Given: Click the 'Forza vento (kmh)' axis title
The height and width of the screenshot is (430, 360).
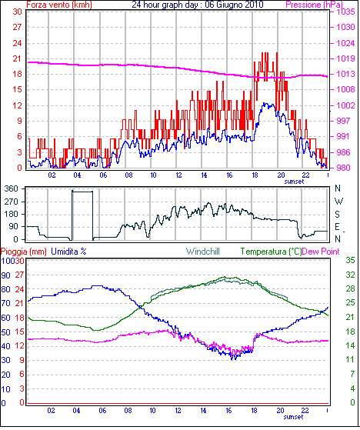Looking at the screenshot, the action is pyautogui.click(x=59, y=5).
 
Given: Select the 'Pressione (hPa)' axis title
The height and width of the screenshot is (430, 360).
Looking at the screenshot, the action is pyautogui.click(x=314, y=5).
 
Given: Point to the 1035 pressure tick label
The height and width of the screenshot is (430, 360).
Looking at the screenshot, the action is pyautogui.click(x=345, y=12).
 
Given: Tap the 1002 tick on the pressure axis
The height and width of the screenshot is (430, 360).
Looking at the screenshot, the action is pyautogui.click(x=345, y=105).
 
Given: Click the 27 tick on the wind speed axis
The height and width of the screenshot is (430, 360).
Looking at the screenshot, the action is pyautogui.click(x=17, y=27).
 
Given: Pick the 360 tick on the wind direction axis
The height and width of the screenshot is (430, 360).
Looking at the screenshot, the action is pyautogui.click(x=12, y=188).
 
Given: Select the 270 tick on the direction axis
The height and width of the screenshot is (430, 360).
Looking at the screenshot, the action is pyautogui.click(x=12, y=202).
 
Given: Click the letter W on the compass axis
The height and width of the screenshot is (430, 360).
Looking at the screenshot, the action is pyautogui.click(x=338, y=202).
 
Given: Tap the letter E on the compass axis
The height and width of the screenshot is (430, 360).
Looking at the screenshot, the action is pyautogui.click(x=337, y=227).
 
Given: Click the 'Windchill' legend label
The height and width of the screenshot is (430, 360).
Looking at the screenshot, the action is pyautogui.click(x=203, y=252).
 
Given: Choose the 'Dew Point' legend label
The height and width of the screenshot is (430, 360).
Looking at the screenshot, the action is pyautogui.click(x=321, y=252).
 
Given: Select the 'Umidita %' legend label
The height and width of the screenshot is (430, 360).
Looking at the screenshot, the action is pyautogui.click(x=68, y=252).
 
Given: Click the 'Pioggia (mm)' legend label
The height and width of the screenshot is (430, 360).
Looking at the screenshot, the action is pyautogui.click(x=24, y=252).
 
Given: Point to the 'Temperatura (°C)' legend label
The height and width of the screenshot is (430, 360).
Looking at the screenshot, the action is pyautogui.click(x=272, y=252).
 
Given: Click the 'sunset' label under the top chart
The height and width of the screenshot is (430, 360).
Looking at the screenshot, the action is pyautogui.click(x=294, y=182).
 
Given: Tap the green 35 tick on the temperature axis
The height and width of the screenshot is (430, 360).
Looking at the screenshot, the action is pyautogui.click(x=350, y=260).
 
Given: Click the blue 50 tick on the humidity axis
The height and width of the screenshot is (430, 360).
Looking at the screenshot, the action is pyautogui.click(x=5, y=332).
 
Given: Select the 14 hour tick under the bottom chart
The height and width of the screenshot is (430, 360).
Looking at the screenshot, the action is pyautogui.click(x=203, y=411).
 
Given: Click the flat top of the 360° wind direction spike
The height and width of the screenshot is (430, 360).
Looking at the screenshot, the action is pyautogui.click(x=82, y=192).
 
